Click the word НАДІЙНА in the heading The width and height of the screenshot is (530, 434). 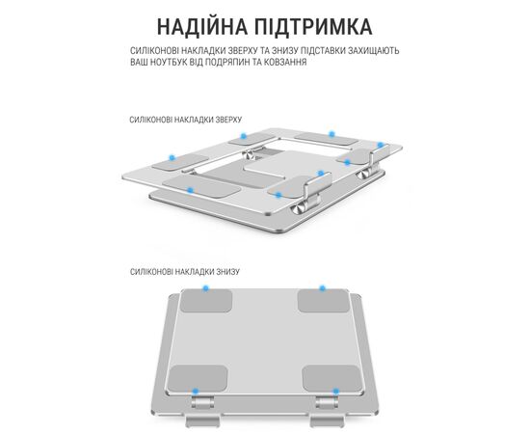point(202,26)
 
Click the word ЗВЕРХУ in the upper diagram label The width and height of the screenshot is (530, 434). point(228,120)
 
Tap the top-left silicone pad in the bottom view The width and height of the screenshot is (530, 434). point(206,301)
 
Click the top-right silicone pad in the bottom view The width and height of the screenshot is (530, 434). point(324,301)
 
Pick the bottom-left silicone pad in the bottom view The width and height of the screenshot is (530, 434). point(198,378)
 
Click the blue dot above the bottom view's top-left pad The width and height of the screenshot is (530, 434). point(205,288)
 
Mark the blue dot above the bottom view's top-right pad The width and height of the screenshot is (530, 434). point(323,288)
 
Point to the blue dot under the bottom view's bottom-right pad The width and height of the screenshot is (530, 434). point(335,392)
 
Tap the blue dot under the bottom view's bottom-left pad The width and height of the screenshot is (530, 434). point(195,392)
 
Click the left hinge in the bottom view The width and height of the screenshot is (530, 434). point(202,403)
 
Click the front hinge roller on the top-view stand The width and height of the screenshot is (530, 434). point(299,208)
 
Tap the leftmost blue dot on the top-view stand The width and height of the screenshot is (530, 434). point(172,157)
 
